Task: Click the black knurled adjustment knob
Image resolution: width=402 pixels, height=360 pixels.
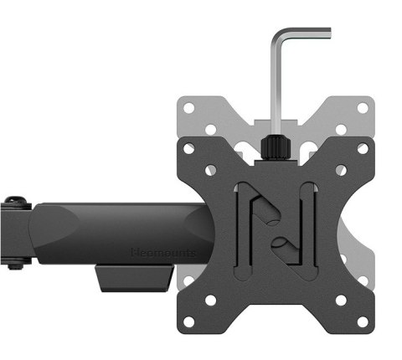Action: pyautogui.click(x=275, y=147)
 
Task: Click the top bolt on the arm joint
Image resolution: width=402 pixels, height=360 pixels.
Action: pyautogui.click(x=13, y=203)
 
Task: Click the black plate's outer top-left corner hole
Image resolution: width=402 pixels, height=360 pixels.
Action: pyautogui.click(x=189, y=149)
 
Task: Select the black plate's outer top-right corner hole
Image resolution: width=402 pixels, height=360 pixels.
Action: pyautogui.click(x=362, y=149)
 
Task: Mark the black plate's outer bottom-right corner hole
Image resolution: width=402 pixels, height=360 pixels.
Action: pyautogui.click(x=362, y=321)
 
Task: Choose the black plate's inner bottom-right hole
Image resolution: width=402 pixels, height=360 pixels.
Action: pyautogui.click(x=340, y=299)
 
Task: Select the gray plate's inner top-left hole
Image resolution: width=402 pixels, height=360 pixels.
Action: pyautogui.click(x=211, y=129)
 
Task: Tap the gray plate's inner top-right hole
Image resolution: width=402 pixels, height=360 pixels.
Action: pyautogui.click(x=340, y=129)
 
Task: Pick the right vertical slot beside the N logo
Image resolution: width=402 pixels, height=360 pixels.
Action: pyautogui.click(x=309, y=226)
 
